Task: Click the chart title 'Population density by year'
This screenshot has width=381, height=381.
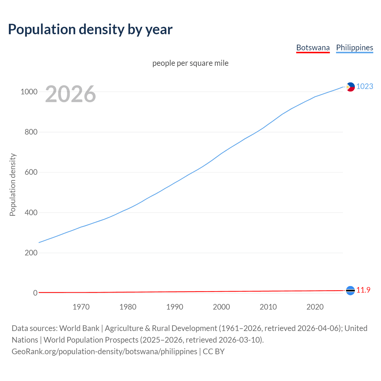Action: click(90, 29)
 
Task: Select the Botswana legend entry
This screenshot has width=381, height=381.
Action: click(313, 48)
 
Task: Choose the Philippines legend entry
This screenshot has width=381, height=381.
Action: click(355, 48)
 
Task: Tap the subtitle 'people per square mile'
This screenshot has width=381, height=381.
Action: click(190, 63)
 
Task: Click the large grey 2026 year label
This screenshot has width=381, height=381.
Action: click(71, 94)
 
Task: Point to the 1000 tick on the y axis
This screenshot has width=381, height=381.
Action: click(29, 92)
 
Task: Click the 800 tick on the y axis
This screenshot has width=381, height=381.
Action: click(31, 132)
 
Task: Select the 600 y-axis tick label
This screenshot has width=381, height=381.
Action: click(31, 172)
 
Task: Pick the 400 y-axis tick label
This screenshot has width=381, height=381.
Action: click(31, 213)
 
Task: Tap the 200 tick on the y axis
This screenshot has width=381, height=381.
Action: click(31, 253)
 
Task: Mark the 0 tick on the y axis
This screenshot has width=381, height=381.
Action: click(35, 293)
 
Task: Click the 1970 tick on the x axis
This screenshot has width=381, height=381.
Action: click(81, 307)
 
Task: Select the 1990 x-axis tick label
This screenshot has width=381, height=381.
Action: click(175, 307)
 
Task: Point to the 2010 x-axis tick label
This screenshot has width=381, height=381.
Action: click(268, 307)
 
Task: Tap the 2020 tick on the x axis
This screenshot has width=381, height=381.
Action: click(315, 307)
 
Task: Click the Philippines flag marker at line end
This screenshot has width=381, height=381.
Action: click(350, 87)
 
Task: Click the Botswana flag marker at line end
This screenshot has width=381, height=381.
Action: click(350, 291)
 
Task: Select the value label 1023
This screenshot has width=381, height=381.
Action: click(365, 86)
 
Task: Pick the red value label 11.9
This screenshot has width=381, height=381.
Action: click(363, 290)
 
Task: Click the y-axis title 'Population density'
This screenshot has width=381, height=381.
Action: click(13, 185)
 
